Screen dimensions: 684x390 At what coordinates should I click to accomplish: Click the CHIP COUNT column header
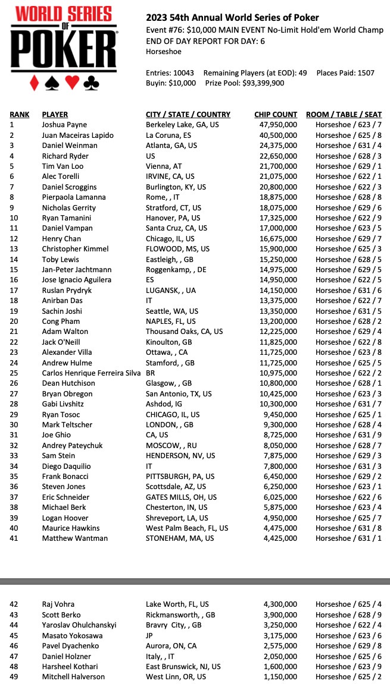click(275, 114)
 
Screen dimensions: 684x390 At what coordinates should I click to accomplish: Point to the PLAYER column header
click(55, 114)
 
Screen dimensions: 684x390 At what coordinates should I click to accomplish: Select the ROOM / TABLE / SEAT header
click(343, 114)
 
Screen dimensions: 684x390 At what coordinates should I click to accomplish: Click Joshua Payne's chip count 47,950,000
click(276, 125)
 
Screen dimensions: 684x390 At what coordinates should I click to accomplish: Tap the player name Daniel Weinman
click(69, 146)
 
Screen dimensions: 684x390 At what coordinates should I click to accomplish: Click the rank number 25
click(14, 373)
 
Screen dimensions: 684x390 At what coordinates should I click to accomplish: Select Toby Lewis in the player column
click(61, 259)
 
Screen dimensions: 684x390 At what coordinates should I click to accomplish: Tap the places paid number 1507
click(363, 73)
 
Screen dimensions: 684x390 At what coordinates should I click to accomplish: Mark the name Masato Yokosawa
click(72, 635)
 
